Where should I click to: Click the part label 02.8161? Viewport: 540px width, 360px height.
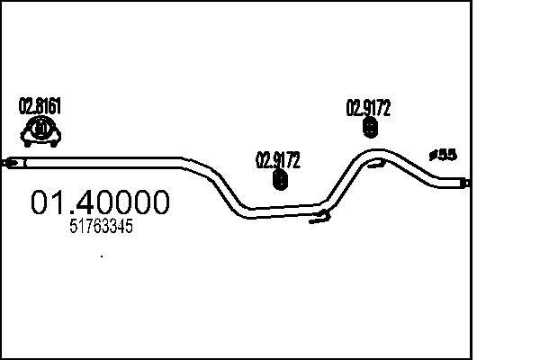coord(40,106)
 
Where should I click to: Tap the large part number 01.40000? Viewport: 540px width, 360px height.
coord(100,202)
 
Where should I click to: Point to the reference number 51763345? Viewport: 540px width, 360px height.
coord(101,226)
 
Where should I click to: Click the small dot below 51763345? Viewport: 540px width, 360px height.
coord(102,256)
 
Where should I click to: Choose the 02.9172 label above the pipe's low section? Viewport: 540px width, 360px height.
coord(277,160)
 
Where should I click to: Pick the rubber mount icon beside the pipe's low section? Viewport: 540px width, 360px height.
coord(280,179)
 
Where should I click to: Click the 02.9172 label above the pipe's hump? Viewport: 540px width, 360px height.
coord(368,108)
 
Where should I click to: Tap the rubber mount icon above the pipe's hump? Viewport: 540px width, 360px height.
coord(370,128)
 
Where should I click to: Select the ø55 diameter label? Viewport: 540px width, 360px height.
coord(443,156)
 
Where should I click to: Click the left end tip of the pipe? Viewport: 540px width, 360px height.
coord(2,163)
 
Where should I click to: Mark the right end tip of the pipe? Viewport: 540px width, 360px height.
coord(470,183)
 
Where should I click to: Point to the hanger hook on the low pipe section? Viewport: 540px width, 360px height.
coord(319,217)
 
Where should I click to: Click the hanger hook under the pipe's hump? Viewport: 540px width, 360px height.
coord(376,163)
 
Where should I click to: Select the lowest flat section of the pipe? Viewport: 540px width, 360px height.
coord(284,211)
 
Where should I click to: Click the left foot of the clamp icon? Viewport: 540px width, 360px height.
coord(28,143)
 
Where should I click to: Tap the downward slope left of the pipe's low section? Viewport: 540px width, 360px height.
coord(228,190)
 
